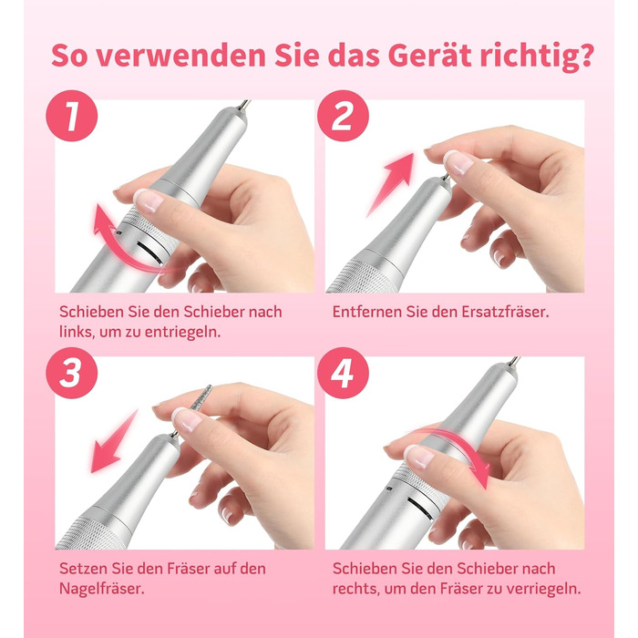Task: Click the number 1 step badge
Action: [72, 116]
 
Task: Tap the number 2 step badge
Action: [343, 116]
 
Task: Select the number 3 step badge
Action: [72, 373]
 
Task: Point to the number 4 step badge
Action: [343, 373]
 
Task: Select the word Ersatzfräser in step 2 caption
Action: [505, 312]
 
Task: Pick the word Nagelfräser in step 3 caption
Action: [102, 589]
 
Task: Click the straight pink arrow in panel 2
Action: [390, 185]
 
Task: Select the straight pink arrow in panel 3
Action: [114, 441]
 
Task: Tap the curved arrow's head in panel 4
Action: [482, 476]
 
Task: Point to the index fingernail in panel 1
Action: [148, 201]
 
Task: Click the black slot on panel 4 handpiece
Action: [420, 509]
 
